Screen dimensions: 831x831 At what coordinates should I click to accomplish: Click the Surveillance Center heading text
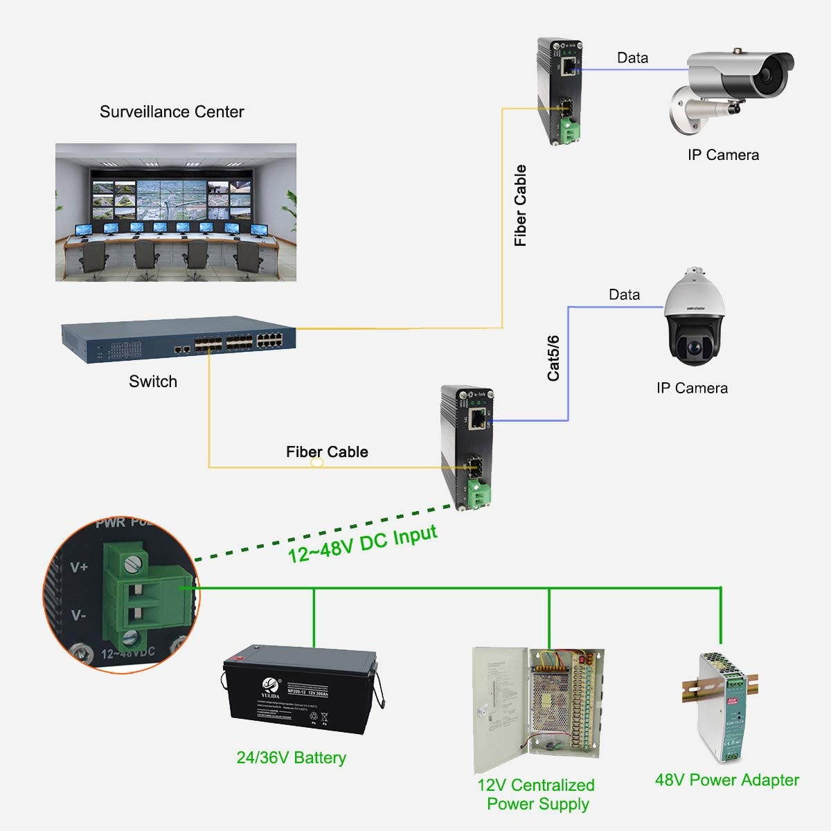point(172,111)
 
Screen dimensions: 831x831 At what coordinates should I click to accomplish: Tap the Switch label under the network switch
point(153,382)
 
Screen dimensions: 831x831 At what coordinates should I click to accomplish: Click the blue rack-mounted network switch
point(179,341)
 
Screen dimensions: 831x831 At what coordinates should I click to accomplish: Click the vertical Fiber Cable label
point(521,206)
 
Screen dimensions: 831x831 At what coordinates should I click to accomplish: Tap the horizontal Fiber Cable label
point(327,452)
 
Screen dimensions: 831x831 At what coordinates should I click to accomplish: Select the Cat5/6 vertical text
point(553,358)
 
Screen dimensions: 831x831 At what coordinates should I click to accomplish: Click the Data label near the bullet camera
point(632,58)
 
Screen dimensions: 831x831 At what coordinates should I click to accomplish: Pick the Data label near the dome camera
point(624,295)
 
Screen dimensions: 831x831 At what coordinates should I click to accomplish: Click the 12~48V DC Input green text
point(363,544)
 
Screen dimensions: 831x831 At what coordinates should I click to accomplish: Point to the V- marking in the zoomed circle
point(78,615)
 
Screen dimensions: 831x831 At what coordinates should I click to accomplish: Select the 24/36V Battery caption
point(291,758)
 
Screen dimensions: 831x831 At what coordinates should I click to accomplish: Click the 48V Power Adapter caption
point(726,780)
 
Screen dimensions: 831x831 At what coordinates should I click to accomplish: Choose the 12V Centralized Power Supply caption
point(537,794)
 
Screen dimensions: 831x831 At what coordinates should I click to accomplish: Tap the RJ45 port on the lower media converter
point(478,418)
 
